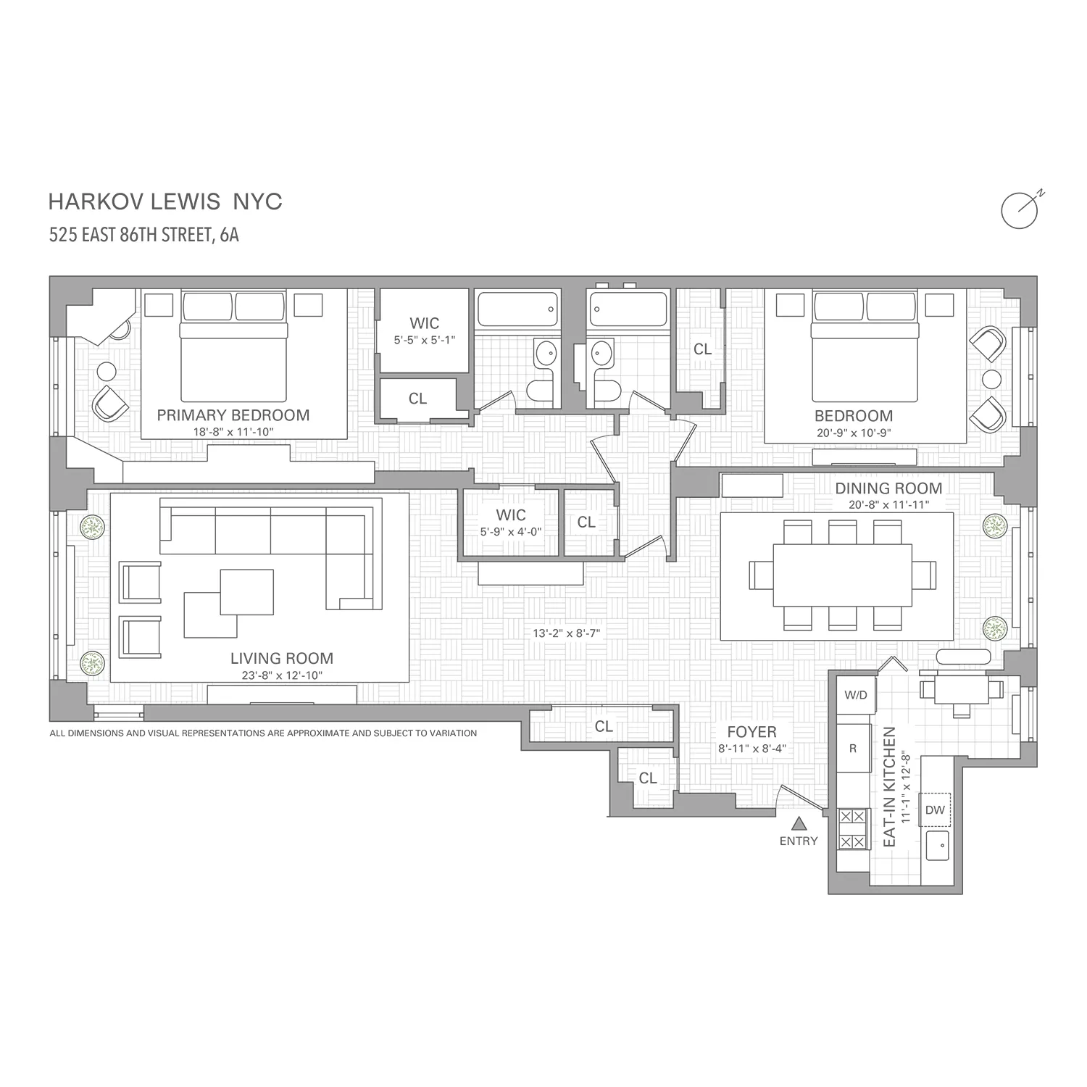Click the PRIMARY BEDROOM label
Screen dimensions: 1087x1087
coord(233,415)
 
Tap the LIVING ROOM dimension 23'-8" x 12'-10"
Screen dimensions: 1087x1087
coord(281,675)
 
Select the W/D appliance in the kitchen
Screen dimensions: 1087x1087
coord(855,695)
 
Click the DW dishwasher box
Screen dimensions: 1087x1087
coord(935,810)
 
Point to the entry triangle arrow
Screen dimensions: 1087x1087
coord(799,823)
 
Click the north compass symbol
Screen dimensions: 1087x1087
coord(1020,210)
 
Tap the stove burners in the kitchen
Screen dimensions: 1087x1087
coord(852,829)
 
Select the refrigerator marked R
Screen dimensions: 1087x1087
coord(853,748)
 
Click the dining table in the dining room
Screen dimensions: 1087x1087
coord(842,575)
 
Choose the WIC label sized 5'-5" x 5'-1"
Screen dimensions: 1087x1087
coord(424,323)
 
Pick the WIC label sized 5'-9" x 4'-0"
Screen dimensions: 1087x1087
coord(510,515)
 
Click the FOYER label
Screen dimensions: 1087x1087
coord(751,732)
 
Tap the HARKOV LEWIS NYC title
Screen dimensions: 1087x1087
coord(165,201)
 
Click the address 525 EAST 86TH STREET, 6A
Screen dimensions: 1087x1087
coord(143,235)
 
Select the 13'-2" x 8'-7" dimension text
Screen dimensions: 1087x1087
coord(566,633)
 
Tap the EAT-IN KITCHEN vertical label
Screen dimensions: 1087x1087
coord(890,786)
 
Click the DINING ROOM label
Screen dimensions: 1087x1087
coord(888,488)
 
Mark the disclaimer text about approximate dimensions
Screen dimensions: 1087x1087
coord(263,733)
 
